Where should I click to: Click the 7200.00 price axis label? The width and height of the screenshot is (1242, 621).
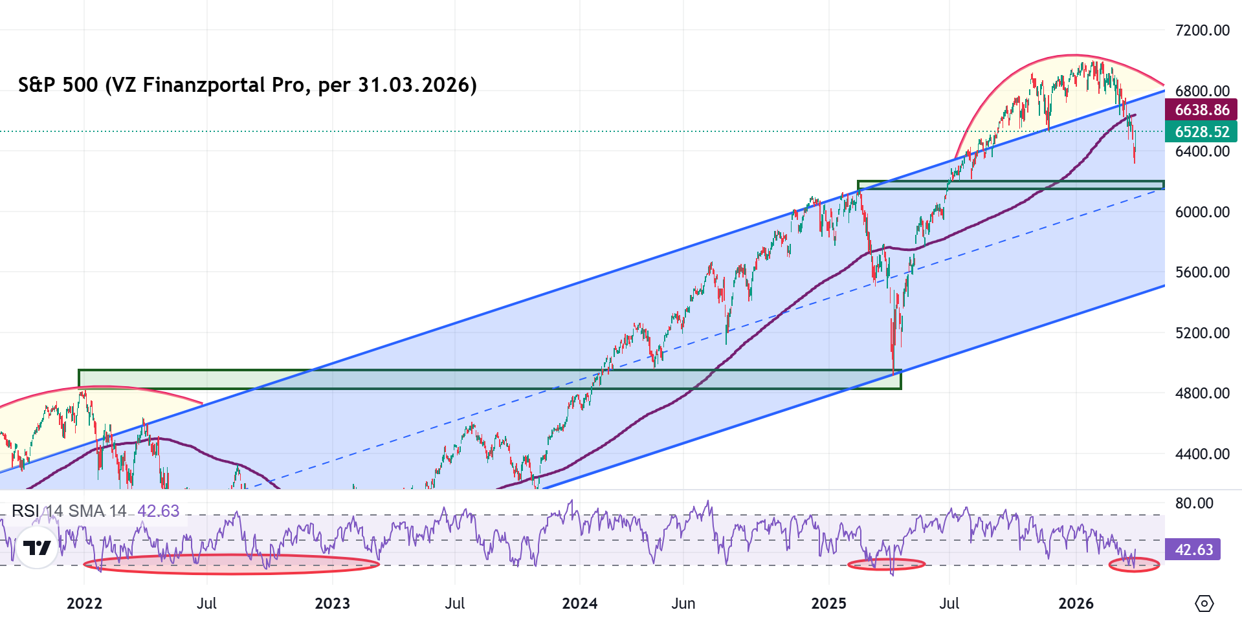tap(1202, 30)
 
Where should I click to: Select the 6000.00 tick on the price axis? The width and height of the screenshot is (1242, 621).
tap(1202, 212)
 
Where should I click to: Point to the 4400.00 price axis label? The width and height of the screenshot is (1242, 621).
tap(1202, 454)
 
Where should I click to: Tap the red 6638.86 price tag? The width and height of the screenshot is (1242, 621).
tap(1201, 110)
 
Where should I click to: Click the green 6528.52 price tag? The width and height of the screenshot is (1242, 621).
tap(1201, 132)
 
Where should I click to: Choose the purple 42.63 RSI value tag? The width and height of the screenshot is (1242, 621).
tap(1193, 550)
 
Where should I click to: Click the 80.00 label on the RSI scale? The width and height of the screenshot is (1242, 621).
tap(1194, 503)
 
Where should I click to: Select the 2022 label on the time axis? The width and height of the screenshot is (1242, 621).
tap(84, 604)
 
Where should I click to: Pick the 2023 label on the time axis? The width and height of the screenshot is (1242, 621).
tap(332, 604)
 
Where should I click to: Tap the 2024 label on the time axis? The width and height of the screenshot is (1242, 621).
tap(579, 604)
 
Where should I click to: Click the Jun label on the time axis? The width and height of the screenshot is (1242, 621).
tap(683, 604)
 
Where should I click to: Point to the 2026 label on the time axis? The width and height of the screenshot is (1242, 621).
tap(1076, 604)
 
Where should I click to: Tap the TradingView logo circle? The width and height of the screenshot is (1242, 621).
tap(37, 548)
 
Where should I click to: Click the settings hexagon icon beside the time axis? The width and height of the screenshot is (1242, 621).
tap(1204, 604)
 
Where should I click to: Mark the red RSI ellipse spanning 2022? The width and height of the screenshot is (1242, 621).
tap(231, 564)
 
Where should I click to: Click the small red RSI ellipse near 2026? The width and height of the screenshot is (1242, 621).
tap(1134, 565)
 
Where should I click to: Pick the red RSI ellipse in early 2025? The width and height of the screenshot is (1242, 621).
tap(886, 564)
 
